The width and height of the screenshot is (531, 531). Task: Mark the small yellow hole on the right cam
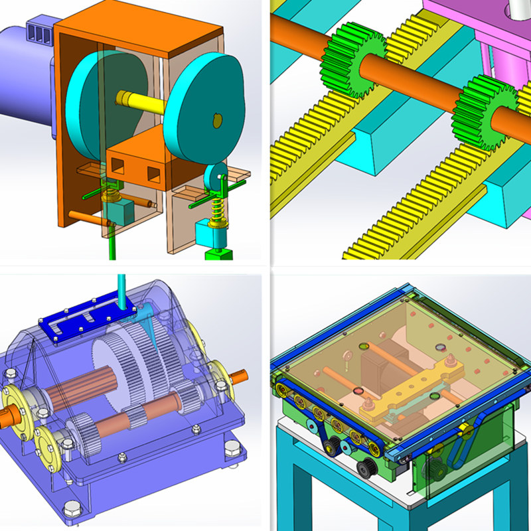pos(214,119)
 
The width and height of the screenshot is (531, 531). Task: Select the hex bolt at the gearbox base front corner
pos(69,509)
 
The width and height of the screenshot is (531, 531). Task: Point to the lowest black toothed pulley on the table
pos(364,470)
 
